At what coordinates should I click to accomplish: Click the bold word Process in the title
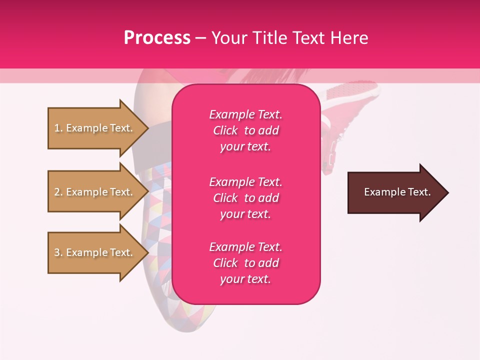(157, 38)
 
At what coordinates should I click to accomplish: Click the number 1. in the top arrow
(58, 128)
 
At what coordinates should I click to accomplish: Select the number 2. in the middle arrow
(58, 192)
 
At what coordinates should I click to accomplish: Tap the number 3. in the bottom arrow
(58, 252)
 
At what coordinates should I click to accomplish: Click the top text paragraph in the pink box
(245, 130)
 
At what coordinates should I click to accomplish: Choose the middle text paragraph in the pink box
(245, 198)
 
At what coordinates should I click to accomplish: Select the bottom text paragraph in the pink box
(245, 263)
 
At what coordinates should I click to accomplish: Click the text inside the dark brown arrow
(397, 192)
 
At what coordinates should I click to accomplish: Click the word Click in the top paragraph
(225, 130)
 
